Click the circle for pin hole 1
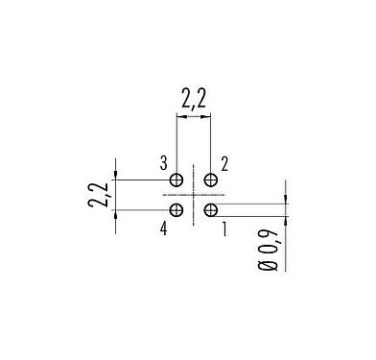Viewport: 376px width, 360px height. pyautogui.click(x=211, y=209)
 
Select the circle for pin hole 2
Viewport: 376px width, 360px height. pyautogui.click(x=211, y=180)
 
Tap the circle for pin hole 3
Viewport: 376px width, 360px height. pyautogui.click(x=176, y=180)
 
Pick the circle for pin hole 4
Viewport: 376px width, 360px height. pyautogui.click(x=176, y=209)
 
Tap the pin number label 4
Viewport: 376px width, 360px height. pyautogui.click(x=164, y=228)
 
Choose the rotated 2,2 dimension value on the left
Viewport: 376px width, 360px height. pyautogui.click(x=97, y=194)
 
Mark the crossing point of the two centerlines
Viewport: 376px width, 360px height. pyautogui.click(x=194, y=195)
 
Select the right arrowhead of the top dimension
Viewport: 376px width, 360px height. pyautogui.click(x=207, y=118)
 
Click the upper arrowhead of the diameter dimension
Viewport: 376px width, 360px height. pyautogui.click(x=284, y=201)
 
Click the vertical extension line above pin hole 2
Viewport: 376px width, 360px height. pyautogui.click(x=211, y=144)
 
